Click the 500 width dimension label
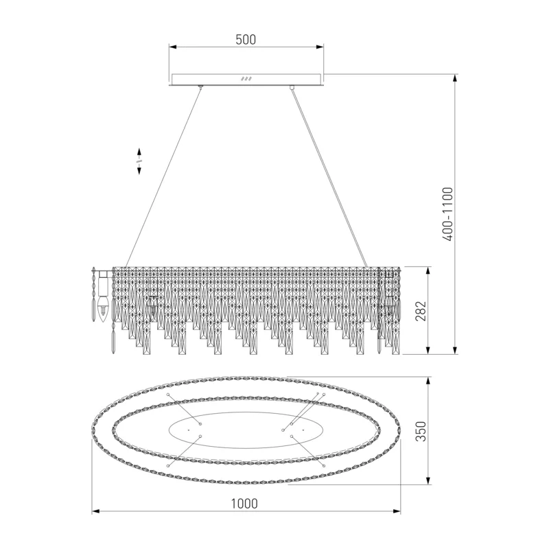point(246,40)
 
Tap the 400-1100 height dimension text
point(447,214)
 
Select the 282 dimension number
point(421,311)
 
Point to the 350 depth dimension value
point(421,431)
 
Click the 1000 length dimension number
point(244,504)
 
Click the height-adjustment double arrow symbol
point(139,161)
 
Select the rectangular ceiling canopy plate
point(246,80)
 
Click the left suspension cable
point(163,177)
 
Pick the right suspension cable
point(329,177)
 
